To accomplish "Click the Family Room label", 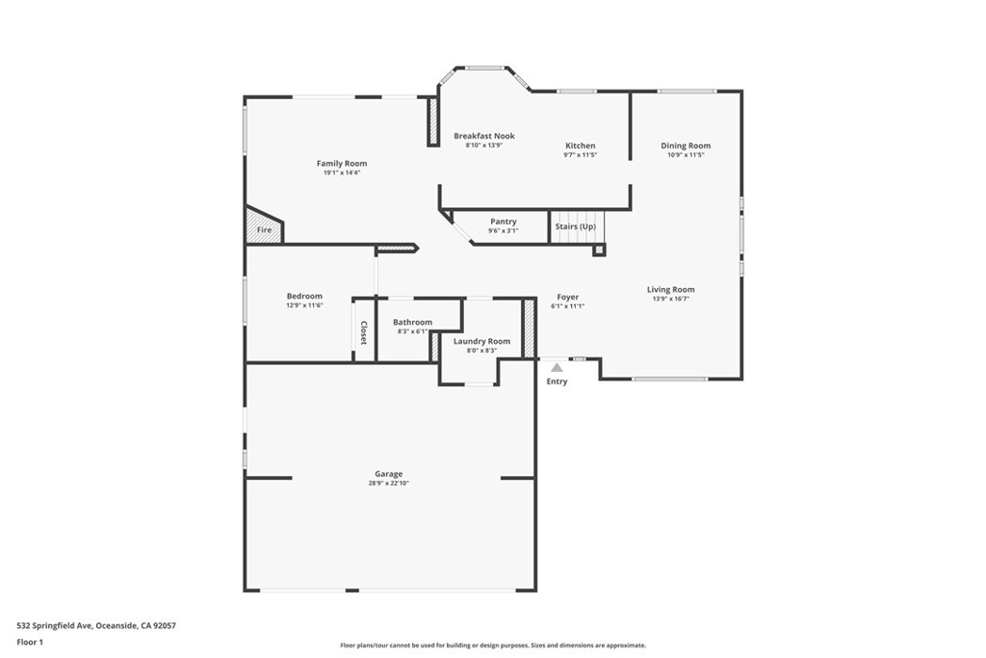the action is click(x=342, y=164).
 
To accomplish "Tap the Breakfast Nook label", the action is click(x=484, y=136).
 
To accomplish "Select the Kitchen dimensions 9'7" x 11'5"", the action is click(x=580, y=155).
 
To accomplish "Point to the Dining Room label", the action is click(x=686, y=145).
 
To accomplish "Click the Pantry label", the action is click(x=503, y=222).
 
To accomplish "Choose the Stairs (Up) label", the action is click(x=576, y=226).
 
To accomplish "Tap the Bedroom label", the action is click(x=304, y=297).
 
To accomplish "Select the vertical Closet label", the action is click(x=363, y=332).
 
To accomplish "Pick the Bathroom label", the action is click(x=412, y=322).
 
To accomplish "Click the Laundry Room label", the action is click(x=481, y=342).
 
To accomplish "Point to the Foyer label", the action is click(x=568, y=297).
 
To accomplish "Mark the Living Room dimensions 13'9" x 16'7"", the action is click(x=671, y=299).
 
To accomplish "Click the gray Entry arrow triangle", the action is click(x=557, y=367).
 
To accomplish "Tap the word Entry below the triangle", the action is click(x=557, y=382).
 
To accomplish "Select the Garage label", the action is click(x=389, y=474).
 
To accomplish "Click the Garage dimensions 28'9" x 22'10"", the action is click(x=389, y=483).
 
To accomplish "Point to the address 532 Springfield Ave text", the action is click(x=55, y=626).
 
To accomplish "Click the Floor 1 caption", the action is click(x=30, y=643).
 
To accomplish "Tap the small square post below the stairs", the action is click(x=599, y=250).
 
